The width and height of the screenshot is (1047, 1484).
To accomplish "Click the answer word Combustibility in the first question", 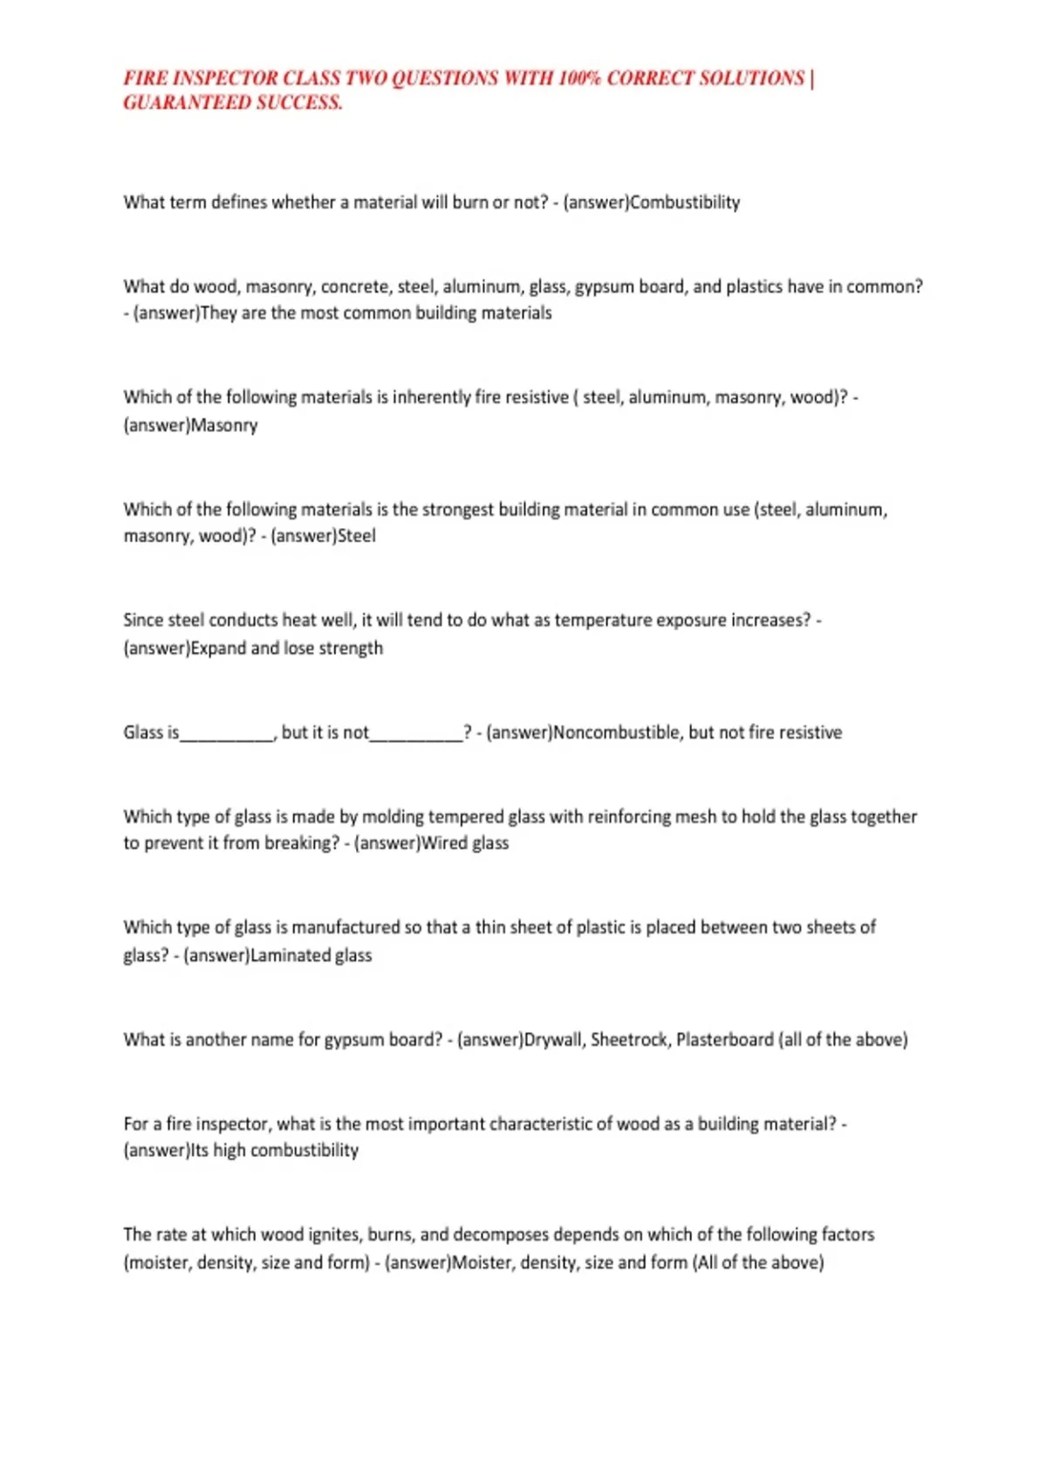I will coord(685,203).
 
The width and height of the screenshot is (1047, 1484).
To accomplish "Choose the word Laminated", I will coord(290,955).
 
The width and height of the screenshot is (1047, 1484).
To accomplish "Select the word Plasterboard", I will coord(724,1040).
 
